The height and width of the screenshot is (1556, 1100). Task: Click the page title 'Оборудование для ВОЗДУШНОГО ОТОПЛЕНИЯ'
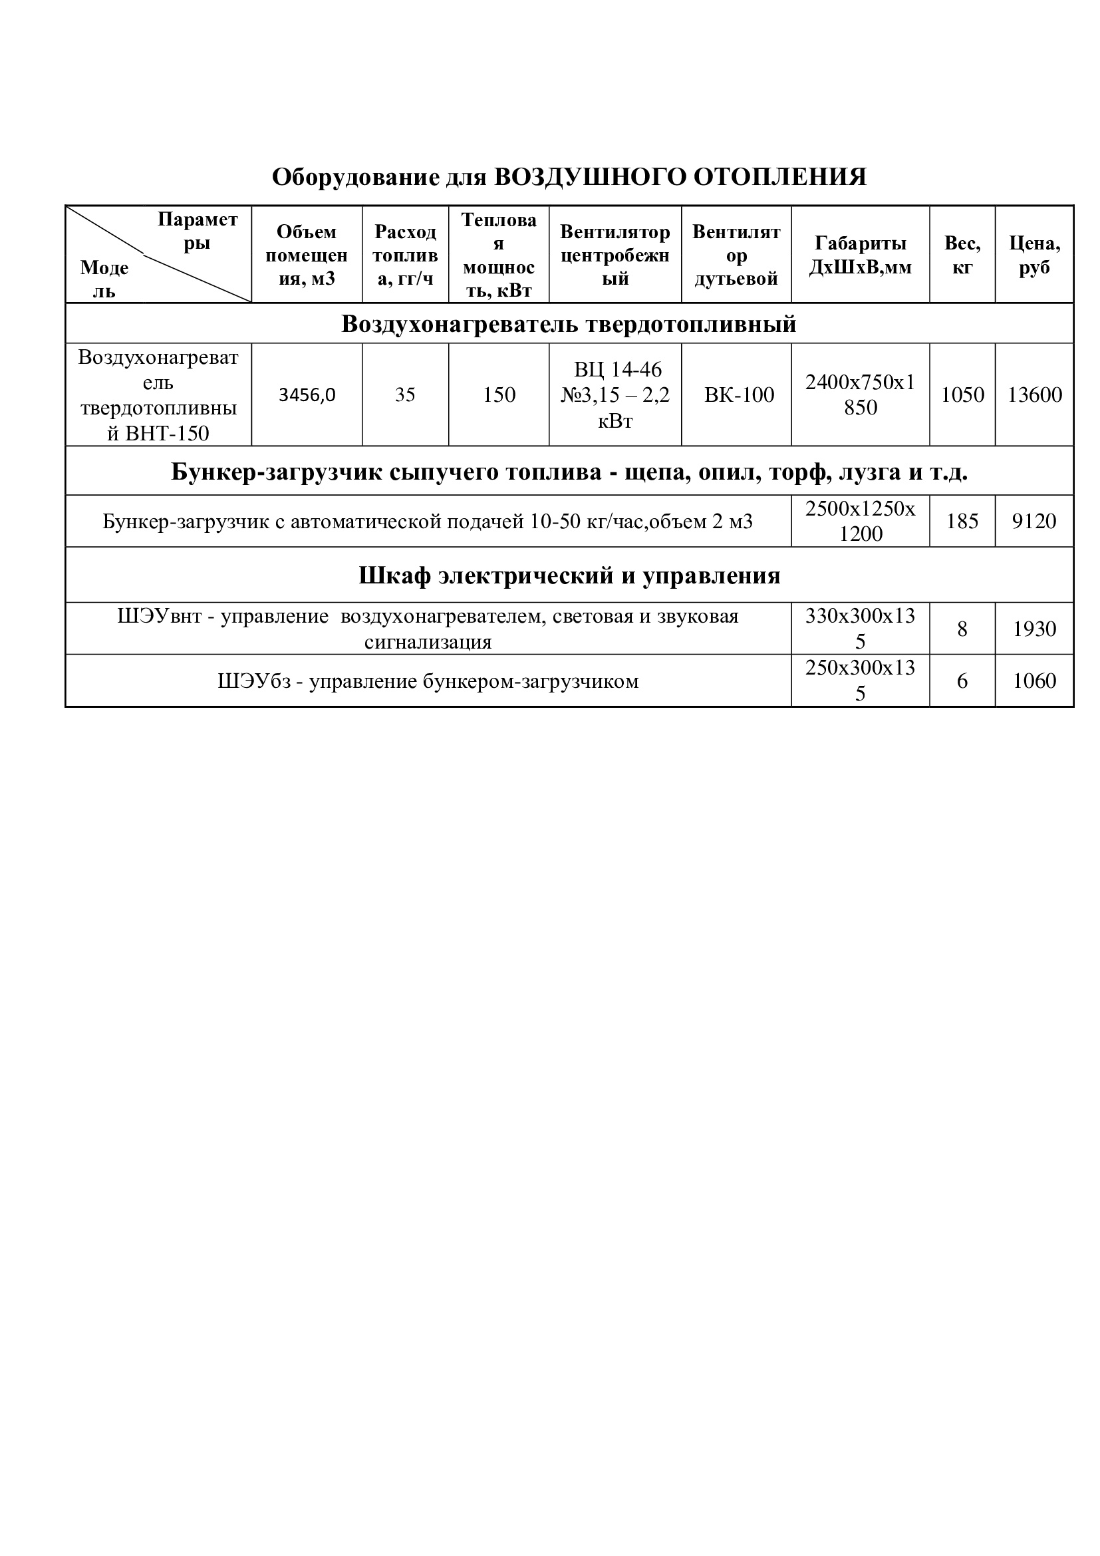coord(569,177)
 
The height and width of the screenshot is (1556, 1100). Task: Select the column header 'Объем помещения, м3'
coord(306,255)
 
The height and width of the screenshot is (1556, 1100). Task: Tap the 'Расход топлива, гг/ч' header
coord(405,255)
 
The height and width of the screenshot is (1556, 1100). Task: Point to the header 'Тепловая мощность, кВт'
coord(499,255)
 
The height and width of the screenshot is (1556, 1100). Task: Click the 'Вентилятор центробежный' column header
coord(615,255)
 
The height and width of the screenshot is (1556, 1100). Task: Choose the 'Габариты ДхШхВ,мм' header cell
coord(860,255)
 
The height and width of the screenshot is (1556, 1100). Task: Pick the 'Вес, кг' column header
coord(962,255)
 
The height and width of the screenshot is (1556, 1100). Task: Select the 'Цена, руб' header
coord(1034,255)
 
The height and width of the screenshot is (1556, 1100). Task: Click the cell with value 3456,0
coord(307,395)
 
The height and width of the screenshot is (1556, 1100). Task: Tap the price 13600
coord(1034,395)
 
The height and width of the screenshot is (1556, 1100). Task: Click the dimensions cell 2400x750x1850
coord(860,395)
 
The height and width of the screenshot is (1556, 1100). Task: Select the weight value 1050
coord(962,395)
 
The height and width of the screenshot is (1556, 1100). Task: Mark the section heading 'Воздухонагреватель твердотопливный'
coord(569,325)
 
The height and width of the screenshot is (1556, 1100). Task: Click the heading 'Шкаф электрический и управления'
coord(569,576)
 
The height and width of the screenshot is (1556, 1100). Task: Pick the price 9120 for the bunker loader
coord(1034,521)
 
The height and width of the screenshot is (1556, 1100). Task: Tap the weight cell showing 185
coord(962,521)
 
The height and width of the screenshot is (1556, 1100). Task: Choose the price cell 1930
coord(1034,629)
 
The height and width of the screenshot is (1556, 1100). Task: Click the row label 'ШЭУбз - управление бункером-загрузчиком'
coord(428,681)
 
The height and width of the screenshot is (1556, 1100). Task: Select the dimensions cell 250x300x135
coord(860,681)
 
